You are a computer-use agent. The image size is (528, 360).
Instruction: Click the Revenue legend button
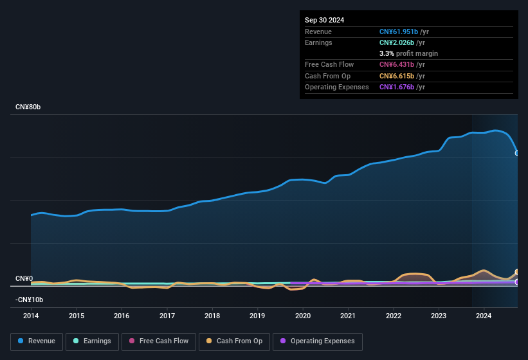point(37,341)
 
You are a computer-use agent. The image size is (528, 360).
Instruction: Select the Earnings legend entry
point(92,341)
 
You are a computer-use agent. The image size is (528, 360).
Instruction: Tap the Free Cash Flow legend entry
point(159,341)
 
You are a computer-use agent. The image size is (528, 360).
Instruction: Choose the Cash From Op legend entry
point(235,341)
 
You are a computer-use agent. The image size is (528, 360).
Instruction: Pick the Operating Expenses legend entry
point(318,341)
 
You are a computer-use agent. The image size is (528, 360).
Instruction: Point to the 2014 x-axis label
point(31,316)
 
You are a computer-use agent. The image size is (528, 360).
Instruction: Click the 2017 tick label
point(167,316)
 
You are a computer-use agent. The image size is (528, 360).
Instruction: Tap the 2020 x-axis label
point(303,316)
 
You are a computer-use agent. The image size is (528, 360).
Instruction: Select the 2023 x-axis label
point(439,316)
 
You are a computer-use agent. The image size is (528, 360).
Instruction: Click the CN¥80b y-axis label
point(28,107)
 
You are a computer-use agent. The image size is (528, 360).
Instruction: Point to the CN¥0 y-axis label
point(24,278)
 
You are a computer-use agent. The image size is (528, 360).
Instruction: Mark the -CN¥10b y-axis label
point(30,300)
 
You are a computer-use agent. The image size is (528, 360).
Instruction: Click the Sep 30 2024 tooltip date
point(324,20)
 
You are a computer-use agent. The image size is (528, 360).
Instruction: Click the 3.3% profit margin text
point(408,53)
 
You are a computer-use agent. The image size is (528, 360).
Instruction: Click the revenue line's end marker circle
point(517,153)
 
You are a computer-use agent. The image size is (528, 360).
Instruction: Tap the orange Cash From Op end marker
point(517,272)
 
